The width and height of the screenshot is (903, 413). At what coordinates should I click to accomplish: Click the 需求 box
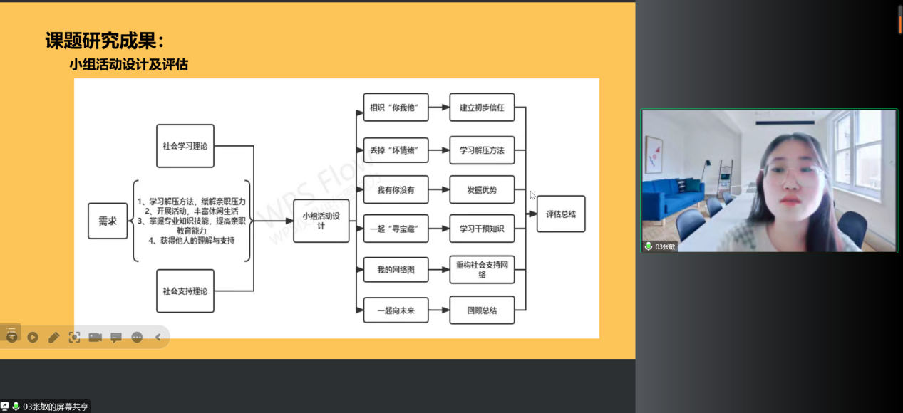108,221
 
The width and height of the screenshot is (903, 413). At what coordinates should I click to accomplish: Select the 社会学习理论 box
185,146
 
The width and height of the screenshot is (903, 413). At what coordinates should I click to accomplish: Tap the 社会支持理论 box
185,291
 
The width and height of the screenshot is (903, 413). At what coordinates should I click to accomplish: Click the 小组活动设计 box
321,221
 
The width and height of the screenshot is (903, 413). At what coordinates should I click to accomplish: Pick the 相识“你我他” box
396,108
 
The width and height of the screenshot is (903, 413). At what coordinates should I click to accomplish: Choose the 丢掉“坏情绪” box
396,150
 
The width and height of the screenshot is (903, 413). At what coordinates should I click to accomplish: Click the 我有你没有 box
396,189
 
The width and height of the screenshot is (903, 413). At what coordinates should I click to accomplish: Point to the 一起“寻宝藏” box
396,229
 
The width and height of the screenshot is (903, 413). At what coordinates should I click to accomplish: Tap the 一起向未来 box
396,310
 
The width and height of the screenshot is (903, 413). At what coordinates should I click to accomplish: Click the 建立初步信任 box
482,108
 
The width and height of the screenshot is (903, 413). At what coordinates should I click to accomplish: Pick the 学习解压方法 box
482,150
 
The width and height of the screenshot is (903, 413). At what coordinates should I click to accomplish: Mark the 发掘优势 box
482,189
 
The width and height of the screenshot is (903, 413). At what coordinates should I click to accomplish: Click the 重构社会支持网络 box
482,269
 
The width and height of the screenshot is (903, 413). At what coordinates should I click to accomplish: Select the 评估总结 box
561,214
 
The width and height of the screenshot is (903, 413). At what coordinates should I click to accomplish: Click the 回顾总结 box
482,310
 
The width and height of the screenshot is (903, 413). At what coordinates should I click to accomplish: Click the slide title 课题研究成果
108,41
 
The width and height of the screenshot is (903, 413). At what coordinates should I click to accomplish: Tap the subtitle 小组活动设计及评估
128,65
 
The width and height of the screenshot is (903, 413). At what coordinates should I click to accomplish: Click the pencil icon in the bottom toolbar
53,337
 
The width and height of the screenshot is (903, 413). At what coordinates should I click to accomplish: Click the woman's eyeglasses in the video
792,172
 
